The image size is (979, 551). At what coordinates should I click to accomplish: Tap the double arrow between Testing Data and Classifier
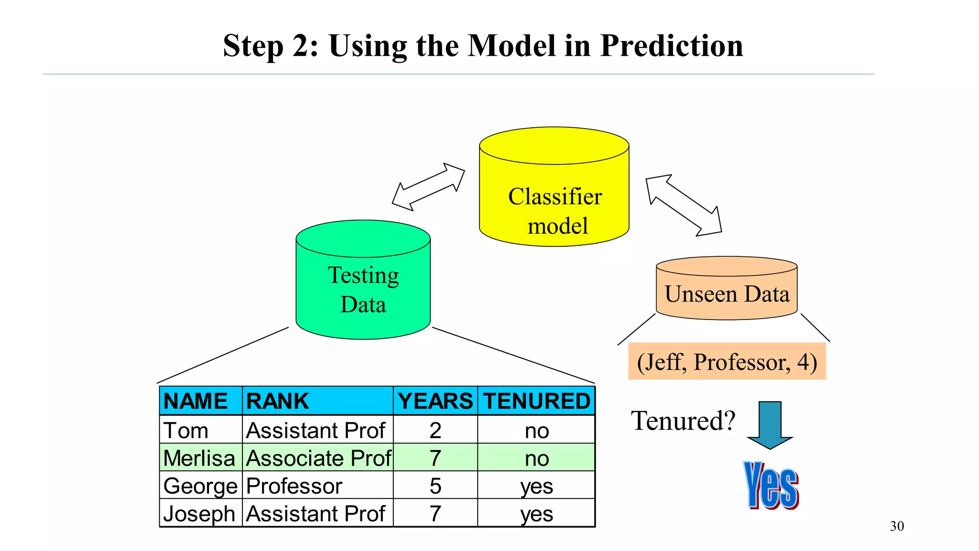[x=428, y=187]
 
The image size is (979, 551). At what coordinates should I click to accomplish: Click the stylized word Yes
[x=771, y=485]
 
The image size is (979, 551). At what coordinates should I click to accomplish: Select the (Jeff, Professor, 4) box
[x=727, y=362]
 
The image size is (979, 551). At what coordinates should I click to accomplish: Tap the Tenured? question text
[x=683, y=421]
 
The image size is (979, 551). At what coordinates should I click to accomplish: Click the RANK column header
[x=277, y=401]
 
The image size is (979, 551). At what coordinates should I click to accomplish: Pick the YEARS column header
[x=435, y=401]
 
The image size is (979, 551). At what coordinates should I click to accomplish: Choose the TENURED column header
[x=536, y=401]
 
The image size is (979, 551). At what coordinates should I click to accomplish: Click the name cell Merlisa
[x=199, y=458]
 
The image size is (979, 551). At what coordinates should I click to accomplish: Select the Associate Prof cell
[x=318, y=458]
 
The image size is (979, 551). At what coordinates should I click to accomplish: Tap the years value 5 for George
[x=435, y=485]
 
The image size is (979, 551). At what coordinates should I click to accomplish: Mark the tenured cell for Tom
[x=536, y=430]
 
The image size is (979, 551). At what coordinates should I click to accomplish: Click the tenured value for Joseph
[x=536, y=514]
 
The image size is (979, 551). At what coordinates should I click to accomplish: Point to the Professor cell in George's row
[x=294, y=485]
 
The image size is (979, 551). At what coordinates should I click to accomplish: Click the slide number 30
[x=897, y=526]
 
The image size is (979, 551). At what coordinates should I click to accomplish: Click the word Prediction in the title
[x=671, y=46]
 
